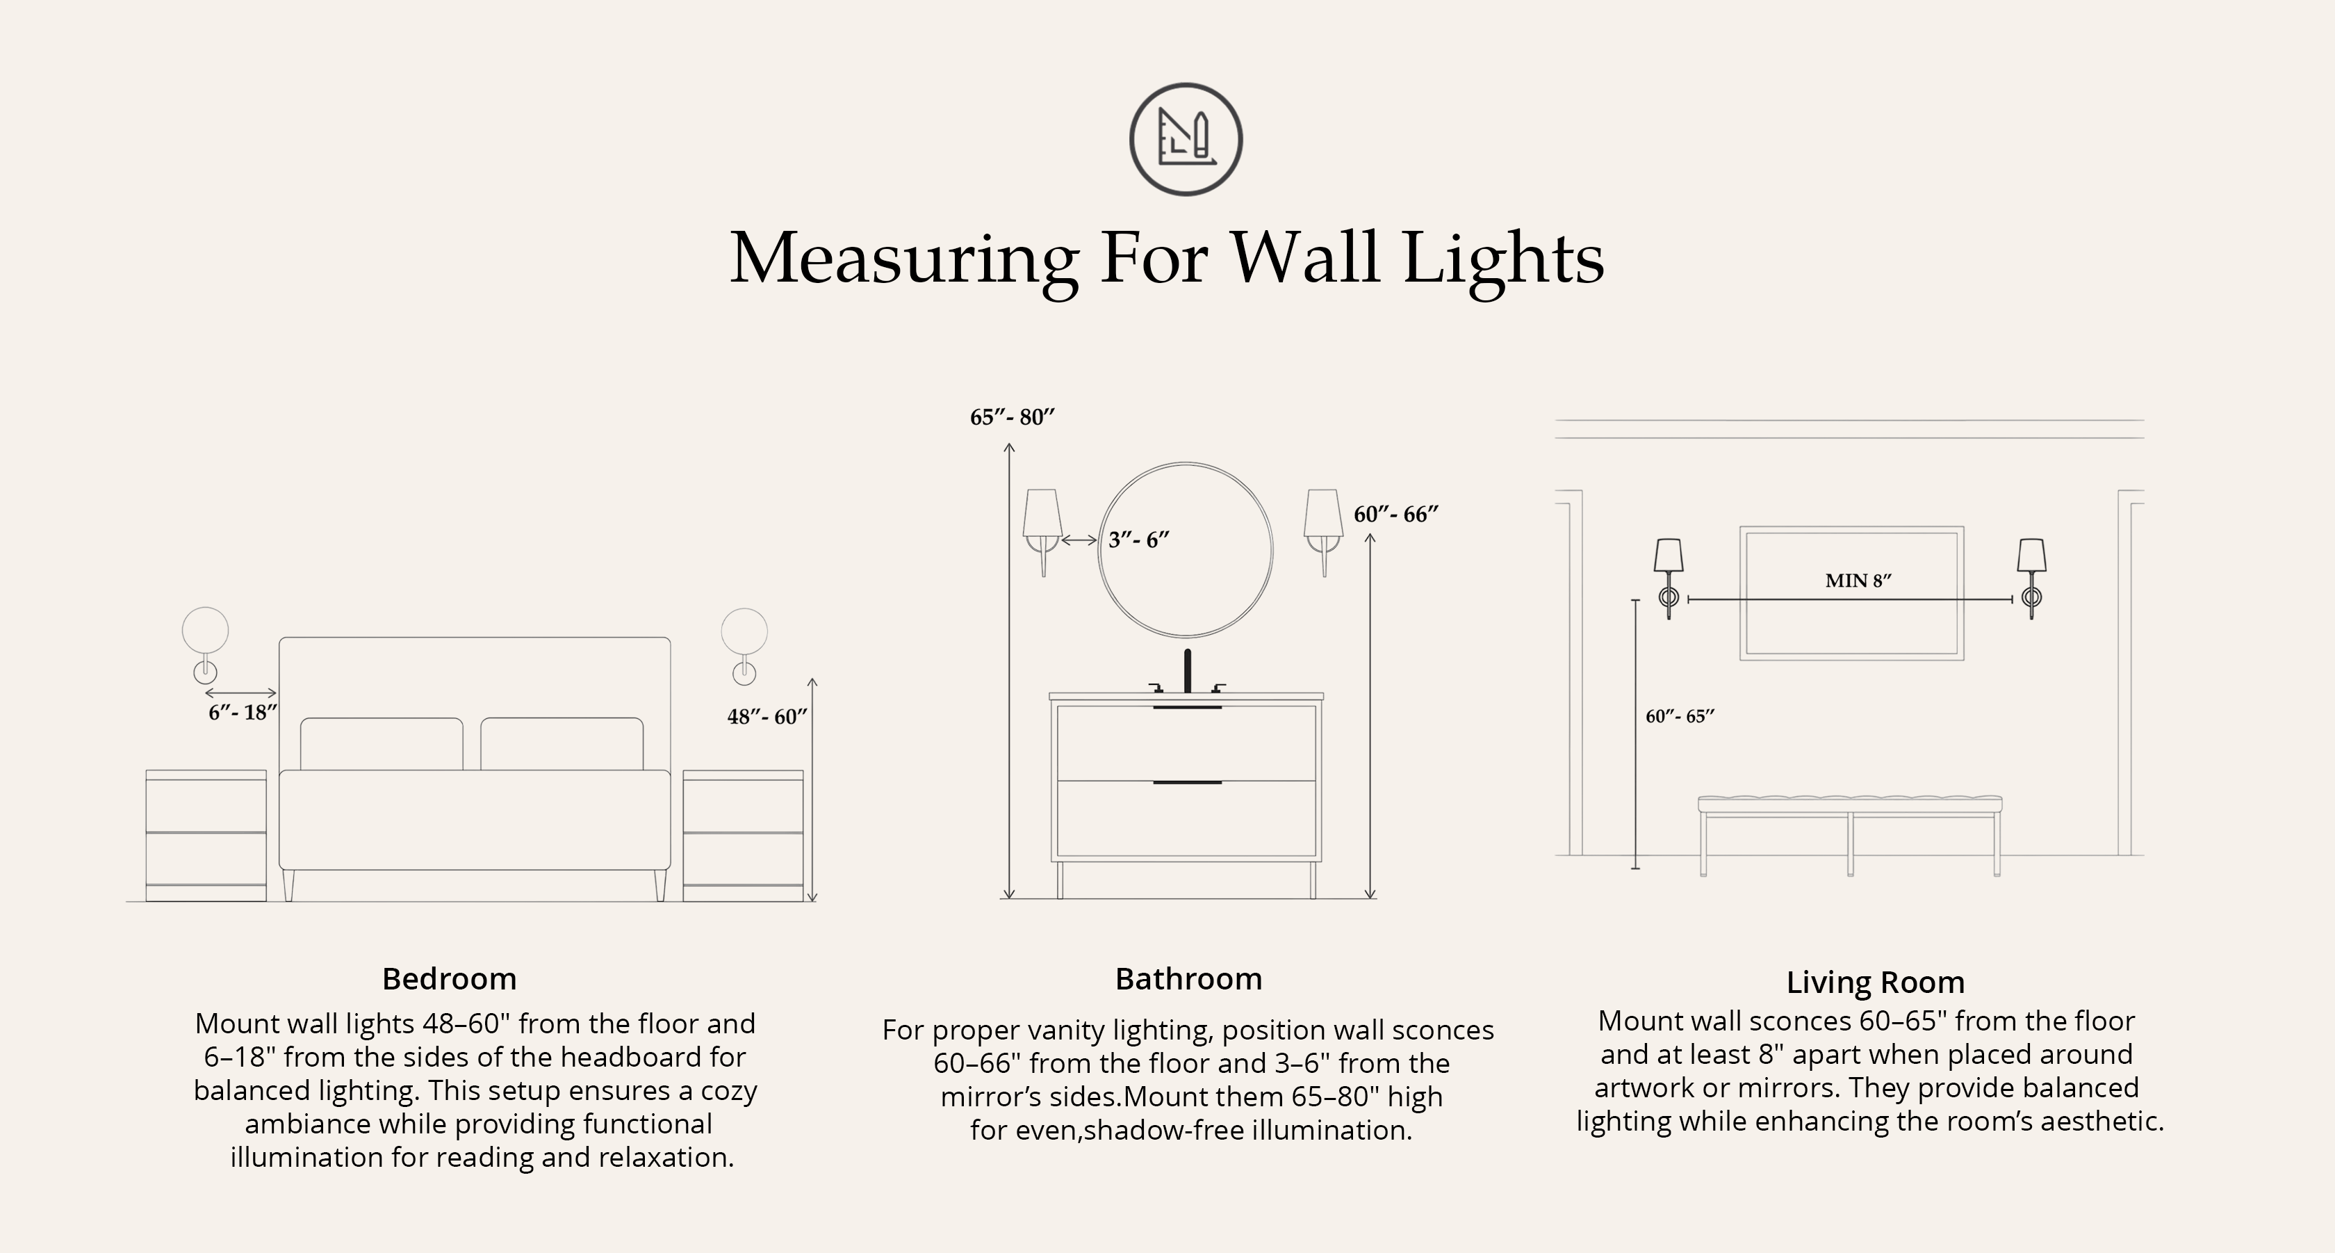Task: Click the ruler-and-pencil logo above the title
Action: tap(1186, 140)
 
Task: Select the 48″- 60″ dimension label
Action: tap(767, 716)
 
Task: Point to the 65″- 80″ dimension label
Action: tap(1013, 417)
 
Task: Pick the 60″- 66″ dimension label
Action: tap(1396, 514)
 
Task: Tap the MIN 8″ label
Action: tap(1858, 581)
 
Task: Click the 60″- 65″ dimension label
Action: tap(1680, 716)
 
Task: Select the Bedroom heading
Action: tap(450, 979)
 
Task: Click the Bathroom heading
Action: tap(1188, 979)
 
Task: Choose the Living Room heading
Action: tap(1876, 983)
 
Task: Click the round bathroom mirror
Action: tap(1186, 550)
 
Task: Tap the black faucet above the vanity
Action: tap(1188, 672)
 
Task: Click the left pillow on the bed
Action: tap(382, 745)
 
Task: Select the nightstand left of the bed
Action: tap(206, 836)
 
